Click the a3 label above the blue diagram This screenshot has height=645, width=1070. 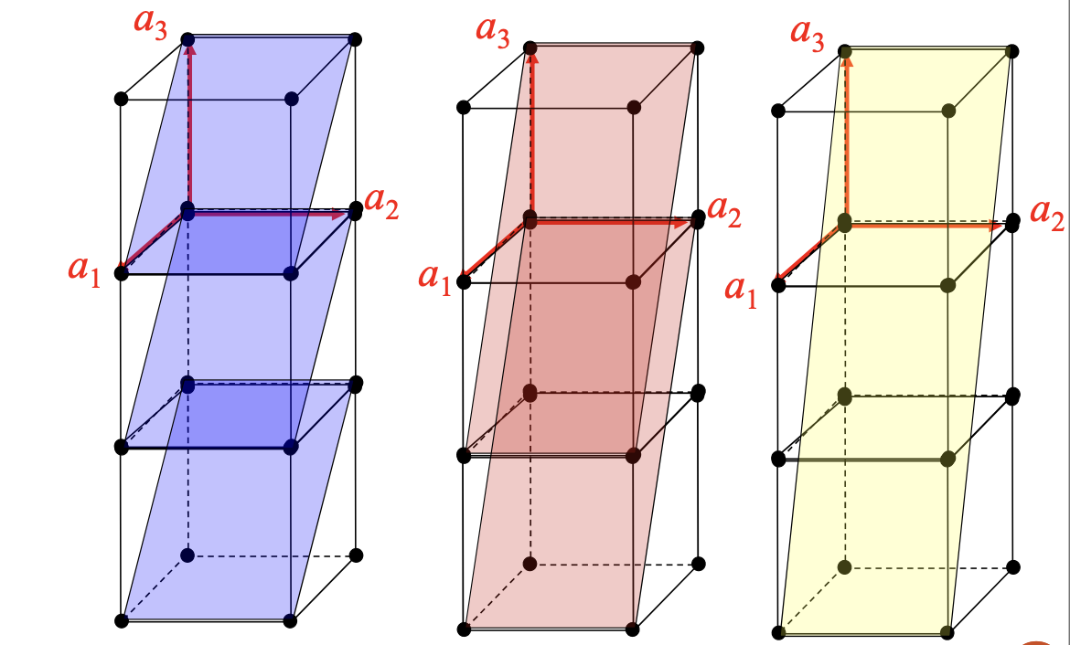150,23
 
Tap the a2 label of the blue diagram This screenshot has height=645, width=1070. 381,203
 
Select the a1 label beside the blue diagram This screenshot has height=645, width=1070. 85,270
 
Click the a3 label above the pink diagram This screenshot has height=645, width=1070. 493,31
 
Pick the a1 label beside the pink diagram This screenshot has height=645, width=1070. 435,279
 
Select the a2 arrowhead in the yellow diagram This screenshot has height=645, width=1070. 995,225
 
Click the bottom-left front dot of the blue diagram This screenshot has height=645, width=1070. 122,620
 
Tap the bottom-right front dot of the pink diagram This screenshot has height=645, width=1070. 633,629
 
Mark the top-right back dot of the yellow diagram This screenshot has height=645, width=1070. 1012,51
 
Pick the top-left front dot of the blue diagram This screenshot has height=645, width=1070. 122,99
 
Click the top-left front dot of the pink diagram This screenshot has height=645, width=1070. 464,107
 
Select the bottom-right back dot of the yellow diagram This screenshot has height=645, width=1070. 1012,566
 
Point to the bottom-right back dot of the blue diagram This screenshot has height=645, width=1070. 356,555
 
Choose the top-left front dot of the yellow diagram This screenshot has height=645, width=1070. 778,111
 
